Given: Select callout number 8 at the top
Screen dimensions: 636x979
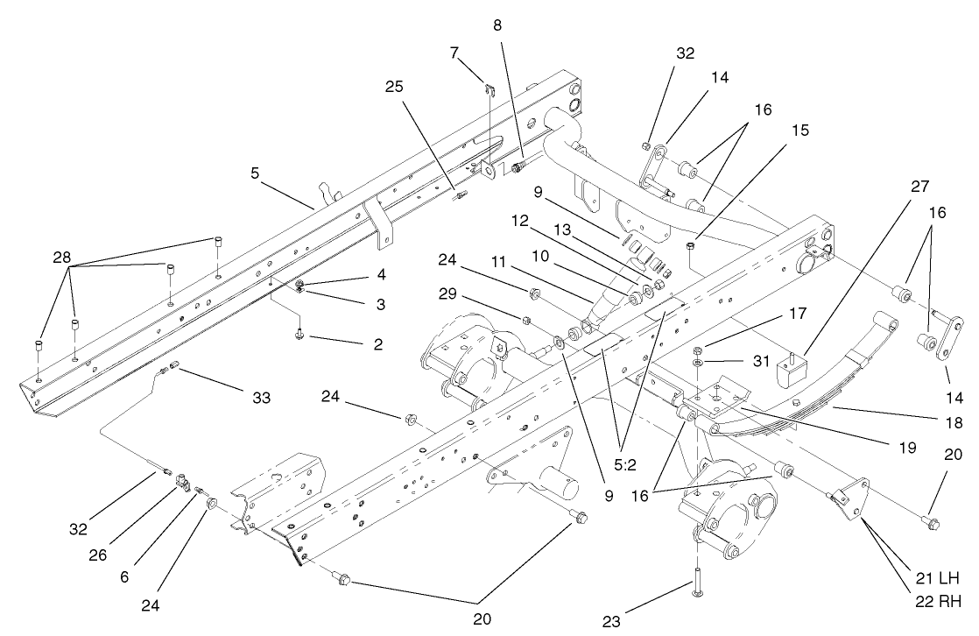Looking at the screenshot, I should (x=497, y=26).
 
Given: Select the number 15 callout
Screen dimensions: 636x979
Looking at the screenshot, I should (x=799, y=130).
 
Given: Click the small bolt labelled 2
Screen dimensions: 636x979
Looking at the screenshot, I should (x=299, y=334).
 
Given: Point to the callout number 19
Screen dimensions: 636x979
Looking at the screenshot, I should (x=905, y=448).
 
